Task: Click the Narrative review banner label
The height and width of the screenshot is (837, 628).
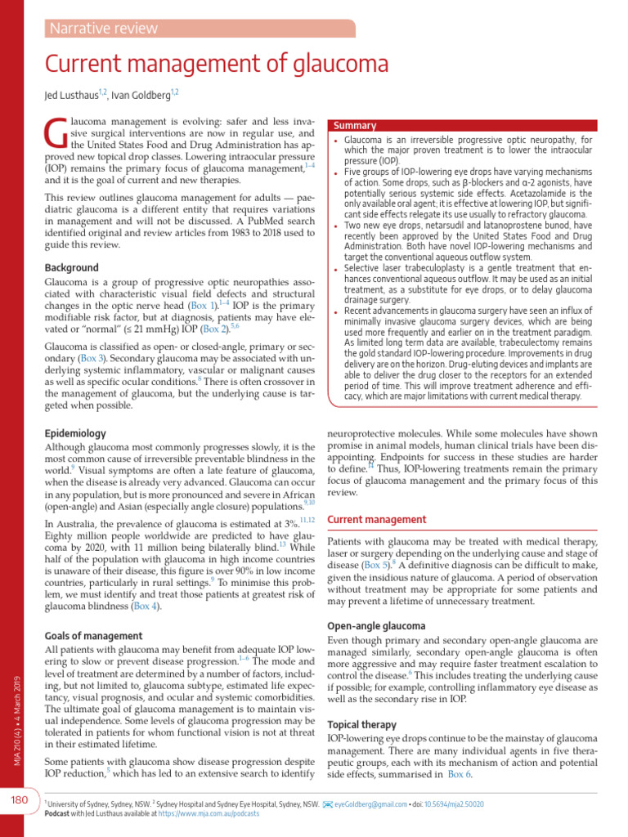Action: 103,29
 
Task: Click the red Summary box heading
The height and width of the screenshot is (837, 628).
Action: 354,126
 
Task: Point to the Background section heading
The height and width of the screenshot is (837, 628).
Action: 71,267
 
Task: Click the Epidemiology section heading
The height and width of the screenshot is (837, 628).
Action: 74,433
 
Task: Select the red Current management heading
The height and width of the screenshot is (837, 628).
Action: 376,519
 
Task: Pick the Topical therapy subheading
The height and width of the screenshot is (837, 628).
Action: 361,724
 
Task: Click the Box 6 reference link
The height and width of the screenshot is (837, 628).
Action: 459,775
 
